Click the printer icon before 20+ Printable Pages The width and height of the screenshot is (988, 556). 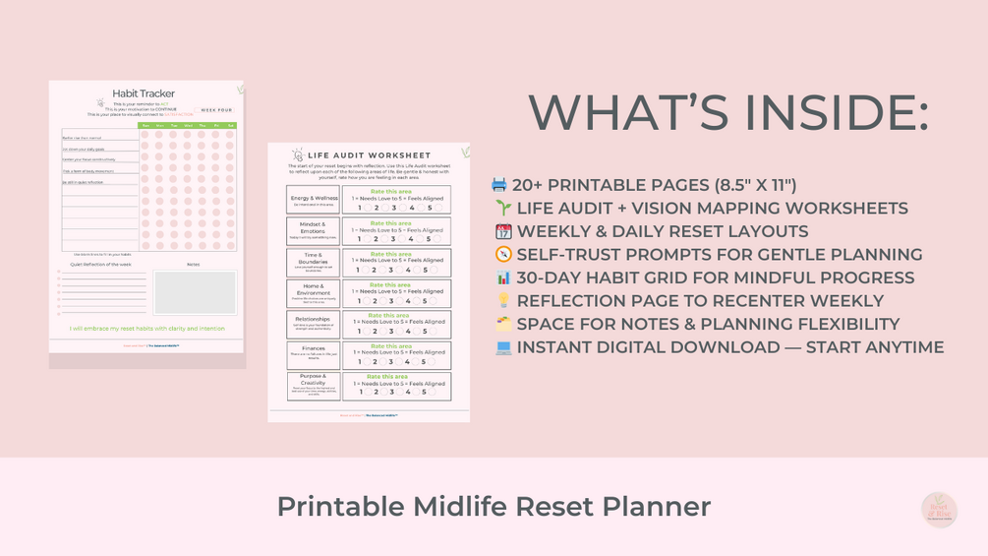(x=499, y=185)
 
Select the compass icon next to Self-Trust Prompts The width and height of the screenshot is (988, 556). (x=503, y=255)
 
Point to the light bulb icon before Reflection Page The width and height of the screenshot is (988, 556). (x=503, y=301)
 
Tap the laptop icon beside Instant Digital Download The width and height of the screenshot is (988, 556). (x=503, y=347)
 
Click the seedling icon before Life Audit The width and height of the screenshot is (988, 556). (x=503, y=209)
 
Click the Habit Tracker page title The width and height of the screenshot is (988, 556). (x=144, y=93)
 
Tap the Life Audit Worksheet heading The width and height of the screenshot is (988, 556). (x=369, y=155)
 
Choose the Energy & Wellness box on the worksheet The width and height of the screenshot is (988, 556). (x=314, y=200)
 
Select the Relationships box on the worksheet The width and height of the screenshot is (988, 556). (x=314, y=324)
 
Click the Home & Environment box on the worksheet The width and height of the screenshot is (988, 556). (x=314, y=293)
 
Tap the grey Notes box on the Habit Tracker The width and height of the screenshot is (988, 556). (x=195, y=292)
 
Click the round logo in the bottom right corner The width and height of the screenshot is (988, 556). (x=939, y=510)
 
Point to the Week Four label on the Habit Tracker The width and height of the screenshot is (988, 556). (x=216, y=110)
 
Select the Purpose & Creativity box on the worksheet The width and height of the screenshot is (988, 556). (x=314, y=386)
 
